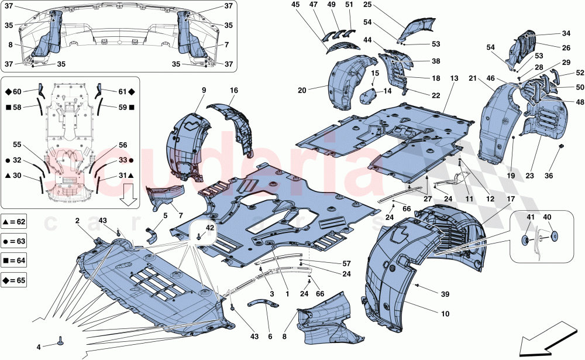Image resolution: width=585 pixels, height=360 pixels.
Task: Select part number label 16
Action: (x=233, y=91)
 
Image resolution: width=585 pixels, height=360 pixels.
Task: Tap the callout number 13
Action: (x=454, y=78)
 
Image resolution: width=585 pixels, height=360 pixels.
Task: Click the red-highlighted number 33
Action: (x=122, y=160)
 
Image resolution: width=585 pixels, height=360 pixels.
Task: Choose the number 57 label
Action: (x=315, y=264)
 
